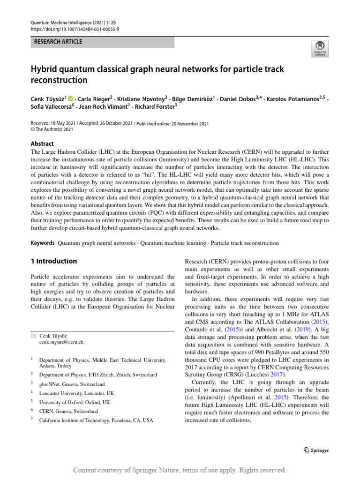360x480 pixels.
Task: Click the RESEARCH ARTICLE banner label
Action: coord(58,42)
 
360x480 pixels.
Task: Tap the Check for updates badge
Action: coord(320,48)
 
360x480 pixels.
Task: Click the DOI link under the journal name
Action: coord(75,29)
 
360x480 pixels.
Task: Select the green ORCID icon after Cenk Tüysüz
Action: coord(71,99)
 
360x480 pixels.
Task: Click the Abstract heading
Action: coord(42,143)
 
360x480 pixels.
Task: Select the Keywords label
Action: coord(43,243)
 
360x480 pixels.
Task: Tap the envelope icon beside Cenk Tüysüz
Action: coord(33,336)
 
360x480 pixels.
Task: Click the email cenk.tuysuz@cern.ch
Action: coord(61,343)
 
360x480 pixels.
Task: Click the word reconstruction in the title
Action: coord(59,81)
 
